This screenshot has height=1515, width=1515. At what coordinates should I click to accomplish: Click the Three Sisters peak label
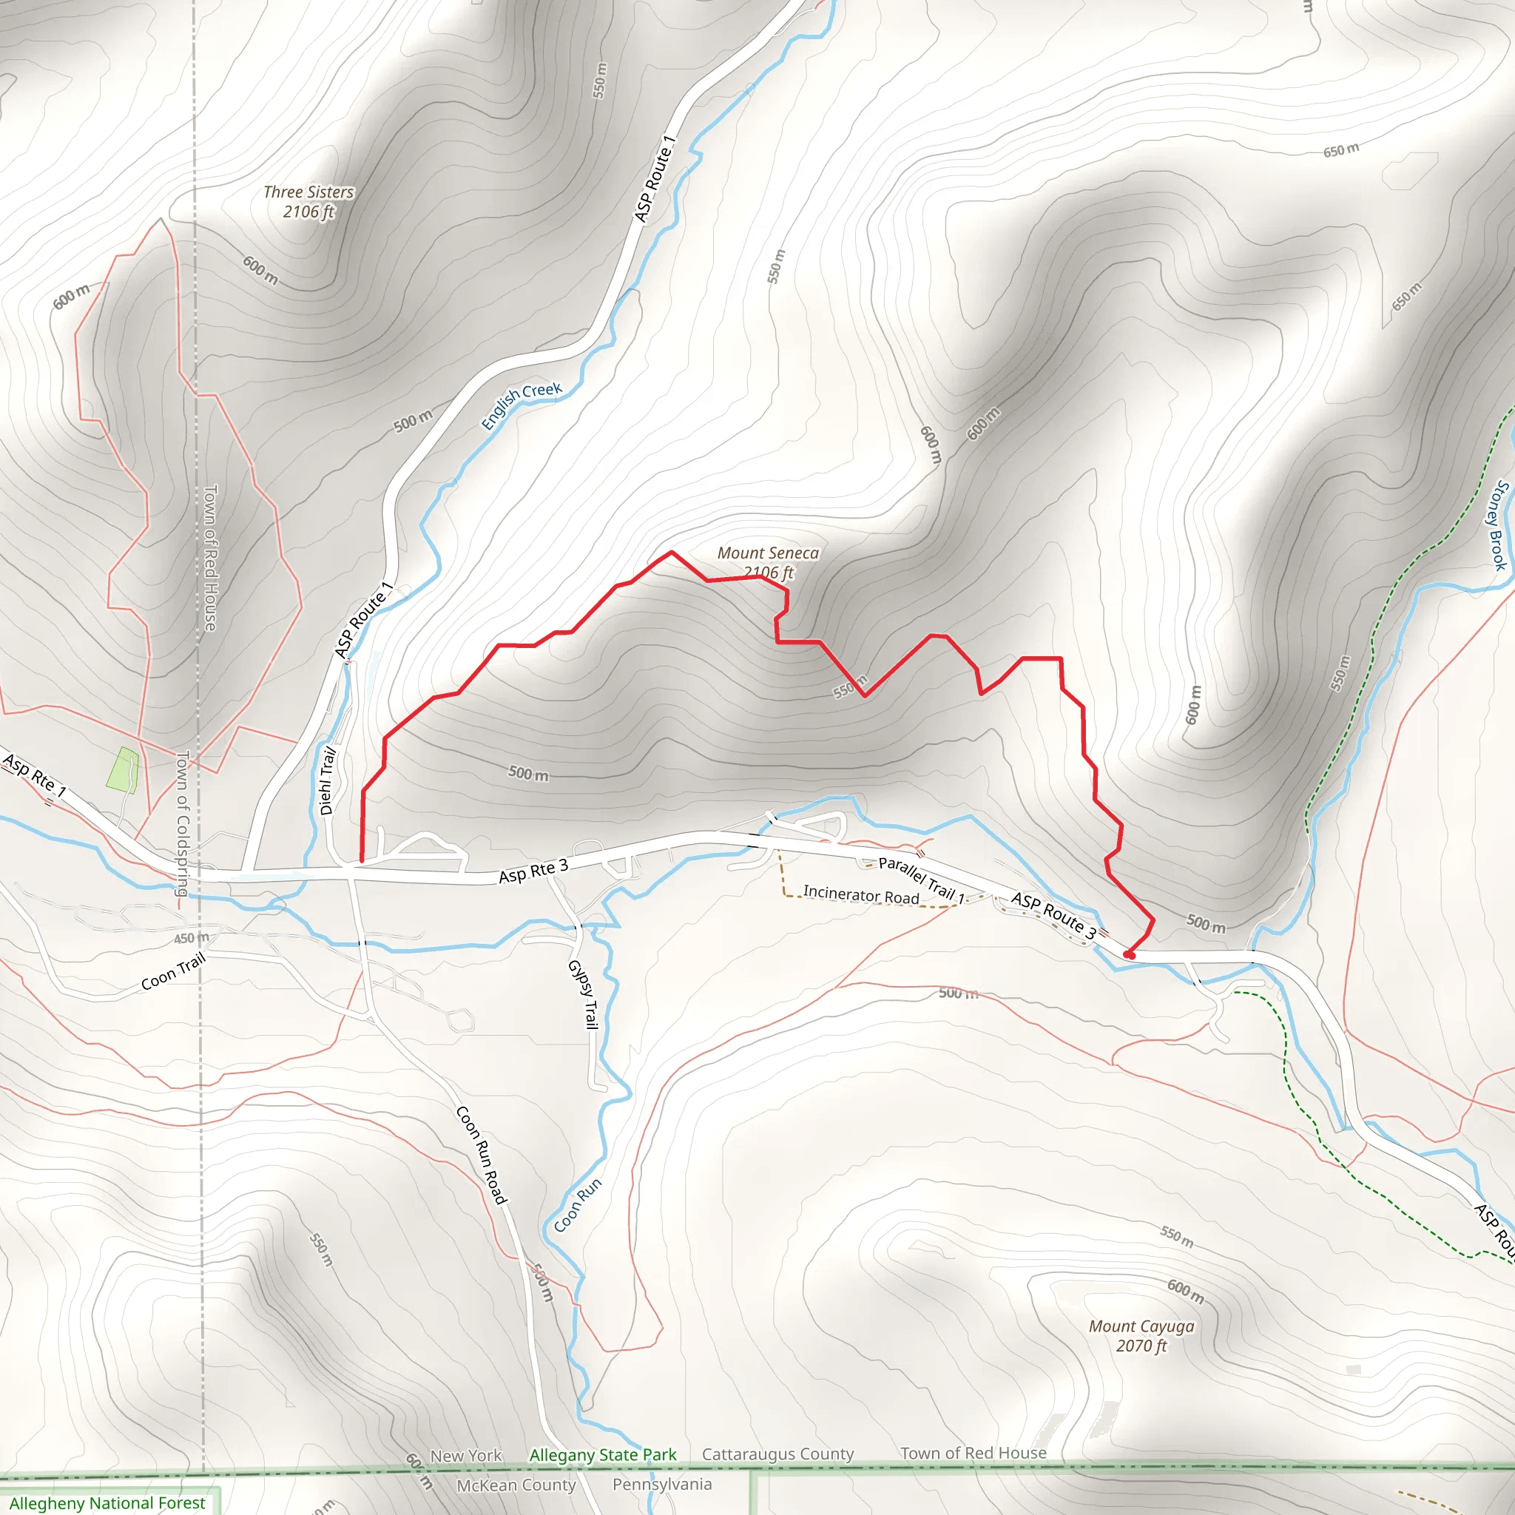coord(308,201)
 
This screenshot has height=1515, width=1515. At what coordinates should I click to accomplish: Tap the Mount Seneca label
coord(768,562)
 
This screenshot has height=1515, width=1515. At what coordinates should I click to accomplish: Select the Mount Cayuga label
coord(1141,1335)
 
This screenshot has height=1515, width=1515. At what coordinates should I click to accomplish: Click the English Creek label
coord(522,405)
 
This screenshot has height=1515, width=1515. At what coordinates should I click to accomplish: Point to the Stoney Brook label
coord(1497,525)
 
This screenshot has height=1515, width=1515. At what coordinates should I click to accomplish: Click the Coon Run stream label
coord(578,1204)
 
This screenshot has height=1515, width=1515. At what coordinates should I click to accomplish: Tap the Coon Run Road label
coord(482,1155)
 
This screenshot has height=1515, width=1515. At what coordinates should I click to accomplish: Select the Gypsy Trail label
coord(583,994)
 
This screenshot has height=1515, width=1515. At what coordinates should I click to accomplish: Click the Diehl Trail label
coord(328,781)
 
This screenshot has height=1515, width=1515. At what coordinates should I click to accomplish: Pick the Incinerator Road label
coord(861,895)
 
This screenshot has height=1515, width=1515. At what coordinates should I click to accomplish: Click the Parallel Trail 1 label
coord(922,879)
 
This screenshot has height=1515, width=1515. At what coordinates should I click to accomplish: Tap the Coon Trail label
coord(173,971)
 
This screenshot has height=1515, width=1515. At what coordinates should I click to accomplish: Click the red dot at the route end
coord(1129,955)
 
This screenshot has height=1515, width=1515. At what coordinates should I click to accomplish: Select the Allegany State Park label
coord(602,1454)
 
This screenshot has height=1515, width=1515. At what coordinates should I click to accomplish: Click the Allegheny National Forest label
coord(107,1502)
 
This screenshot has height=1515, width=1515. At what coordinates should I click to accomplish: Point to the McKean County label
coord(516,1485)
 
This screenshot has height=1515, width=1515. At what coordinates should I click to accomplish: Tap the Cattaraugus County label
coord(777,1454)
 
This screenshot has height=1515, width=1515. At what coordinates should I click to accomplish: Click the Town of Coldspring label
coord(183,823)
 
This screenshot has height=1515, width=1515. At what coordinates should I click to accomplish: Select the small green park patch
coord(124,770)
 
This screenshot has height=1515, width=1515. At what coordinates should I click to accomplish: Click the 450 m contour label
coord(192,938)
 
